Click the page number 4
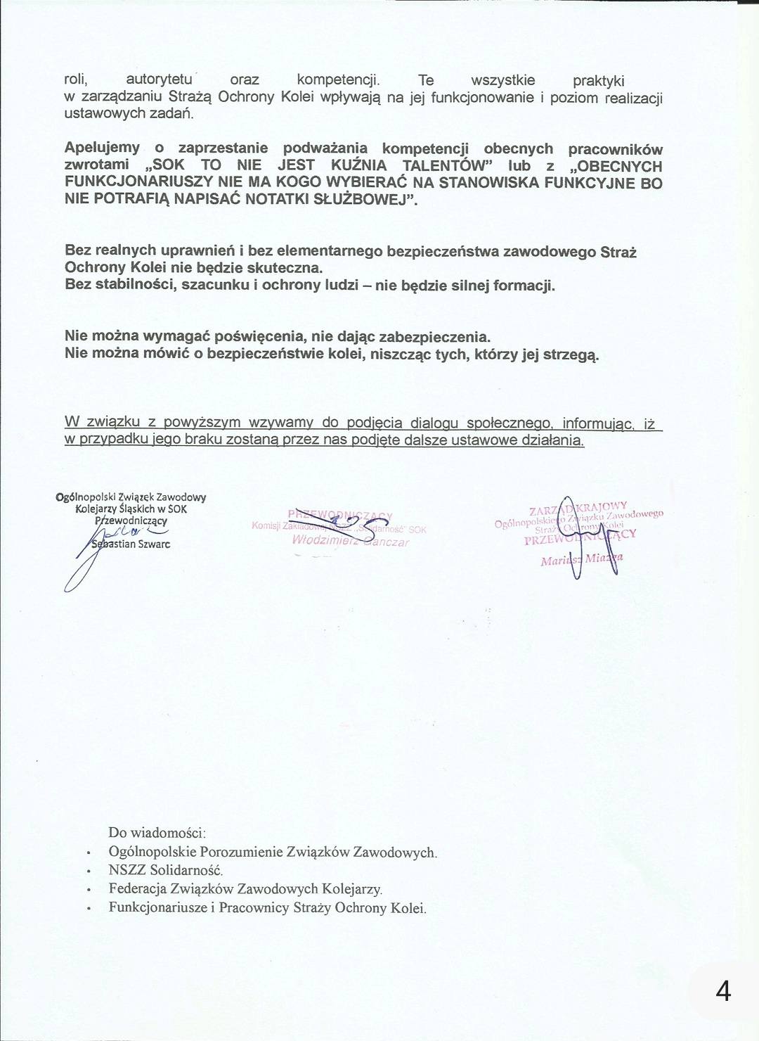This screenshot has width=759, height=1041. pyautogui.click(x=722, y=992)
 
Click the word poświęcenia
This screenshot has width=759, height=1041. pyautogui.click(x=242, y=336)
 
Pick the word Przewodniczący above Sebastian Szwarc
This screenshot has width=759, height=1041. pyautogui.click(x=131, y=521)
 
